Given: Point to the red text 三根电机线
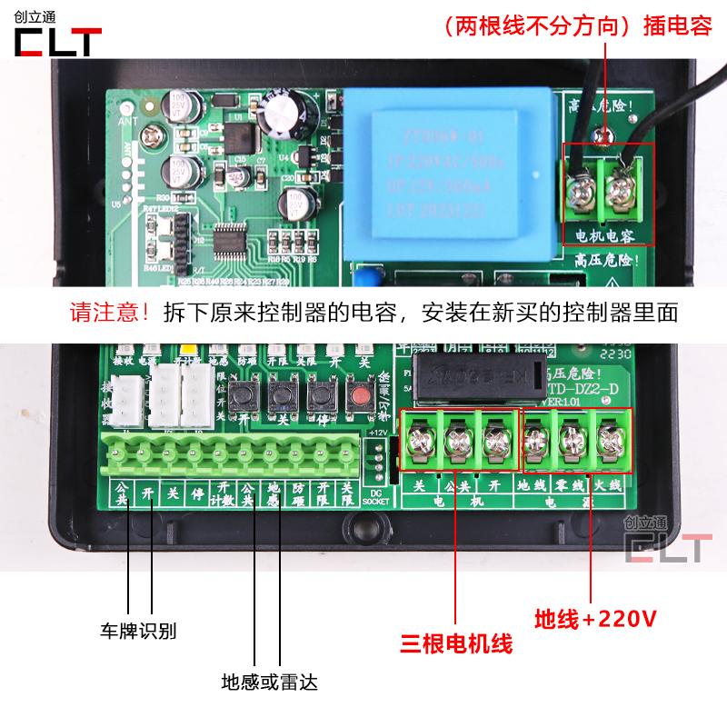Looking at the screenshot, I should click(x=457, y=644).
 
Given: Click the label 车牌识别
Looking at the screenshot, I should click(x=138, y=630).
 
